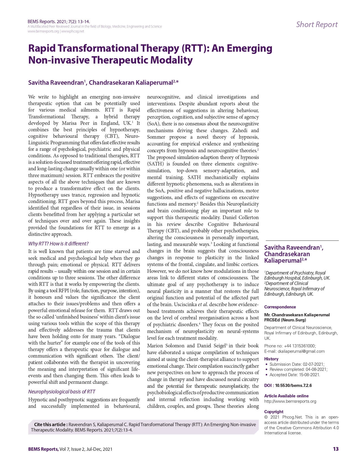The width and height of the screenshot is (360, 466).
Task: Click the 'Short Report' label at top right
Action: [x=317, y=25]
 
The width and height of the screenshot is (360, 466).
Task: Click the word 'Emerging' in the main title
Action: [x=249, y=49]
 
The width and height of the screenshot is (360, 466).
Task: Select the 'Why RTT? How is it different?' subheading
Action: [x=58, y=243]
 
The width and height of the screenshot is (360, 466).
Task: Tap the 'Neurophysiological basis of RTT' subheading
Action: [x=62, y=392]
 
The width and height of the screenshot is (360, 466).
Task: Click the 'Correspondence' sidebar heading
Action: [x=280, y=307]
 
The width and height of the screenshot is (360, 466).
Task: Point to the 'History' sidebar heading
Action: [x=271, y=359]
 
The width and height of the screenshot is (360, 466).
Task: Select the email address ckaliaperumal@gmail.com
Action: [x=301, y=351]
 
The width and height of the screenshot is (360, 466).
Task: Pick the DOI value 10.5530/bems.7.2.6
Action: [x=293, y=386]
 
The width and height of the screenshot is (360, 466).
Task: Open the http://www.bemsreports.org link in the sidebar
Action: [x=290, y=401]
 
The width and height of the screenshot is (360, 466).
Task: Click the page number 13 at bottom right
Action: [x=335, y=449]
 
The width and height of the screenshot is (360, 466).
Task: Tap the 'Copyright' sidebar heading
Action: [x=274, y=412]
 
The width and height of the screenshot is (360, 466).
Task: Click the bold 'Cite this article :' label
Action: [x=51, y=424]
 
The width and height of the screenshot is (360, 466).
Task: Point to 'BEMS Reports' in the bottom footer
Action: [x=43, y=449]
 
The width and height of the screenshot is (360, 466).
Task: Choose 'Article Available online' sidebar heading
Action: [x=286, y=396]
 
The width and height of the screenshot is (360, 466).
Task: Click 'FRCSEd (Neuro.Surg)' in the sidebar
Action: [x=285, y=320]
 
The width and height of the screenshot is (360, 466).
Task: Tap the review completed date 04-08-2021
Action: [x=316, y=369]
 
